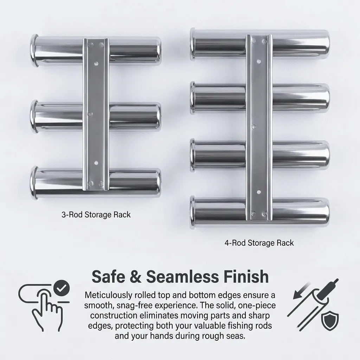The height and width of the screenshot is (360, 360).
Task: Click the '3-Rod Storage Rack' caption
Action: point(96,214)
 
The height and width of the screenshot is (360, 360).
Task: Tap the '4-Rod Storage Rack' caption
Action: point(259,243)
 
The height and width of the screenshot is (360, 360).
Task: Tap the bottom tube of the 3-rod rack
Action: point(56,181)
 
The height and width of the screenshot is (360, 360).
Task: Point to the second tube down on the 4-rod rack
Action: point(218,99)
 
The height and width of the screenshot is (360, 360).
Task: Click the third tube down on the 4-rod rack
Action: point(218,155)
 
